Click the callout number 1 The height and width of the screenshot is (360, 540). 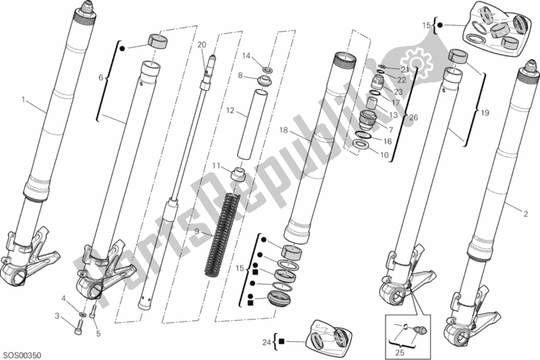point(24,100)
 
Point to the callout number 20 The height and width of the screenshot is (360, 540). point(201,45)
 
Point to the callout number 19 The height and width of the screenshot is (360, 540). point(483,114)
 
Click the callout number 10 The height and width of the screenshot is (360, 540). point(385,155)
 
